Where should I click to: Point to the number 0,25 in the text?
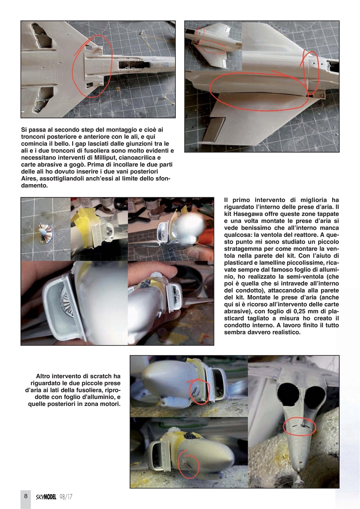point(300,318)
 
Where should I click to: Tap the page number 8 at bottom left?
point(25,496)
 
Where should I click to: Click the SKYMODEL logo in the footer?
point(46,497)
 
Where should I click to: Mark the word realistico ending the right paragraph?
point(283,332)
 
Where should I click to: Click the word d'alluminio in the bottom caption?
point(95,397)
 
